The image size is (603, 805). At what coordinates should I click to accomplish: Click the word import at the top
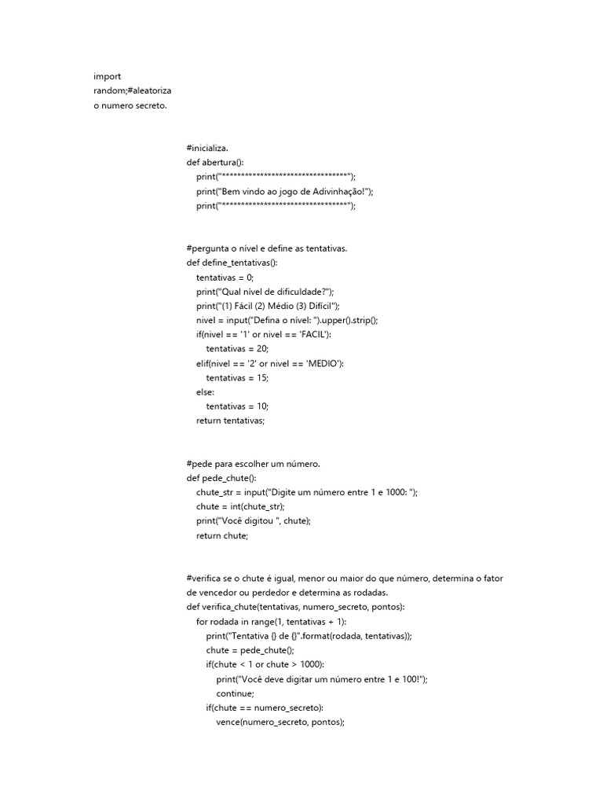pos(108,76)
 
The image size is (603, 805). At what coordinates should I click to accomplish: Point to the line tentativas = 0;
pos(225,278)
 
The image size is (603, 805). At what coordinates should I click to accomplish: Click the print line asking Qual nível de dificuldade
pos(266,292)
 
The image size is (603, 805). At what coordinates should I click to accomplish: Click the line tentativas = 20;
pos(237,349)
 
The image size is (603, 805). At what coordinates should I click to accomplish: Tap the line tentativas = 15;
pos(237,377)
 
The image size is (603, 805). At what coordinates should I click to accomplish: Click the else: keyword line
pos(205,392)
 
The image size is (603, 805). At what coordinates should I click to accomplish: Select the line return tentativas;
pos(231,421)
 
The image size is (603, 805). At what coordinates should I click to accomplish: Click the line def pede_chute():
pos(221,478)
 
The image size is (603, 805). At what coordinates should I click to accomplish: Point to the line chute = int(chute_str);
pos(241,506)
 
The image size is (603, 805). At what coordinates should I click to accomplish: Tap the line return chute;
pos(222,535)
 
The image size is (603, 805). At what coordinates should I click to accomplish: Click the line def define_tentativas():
pos(232,263)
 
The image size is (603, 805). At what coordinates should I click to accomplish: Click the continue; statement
pos(236,693)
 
